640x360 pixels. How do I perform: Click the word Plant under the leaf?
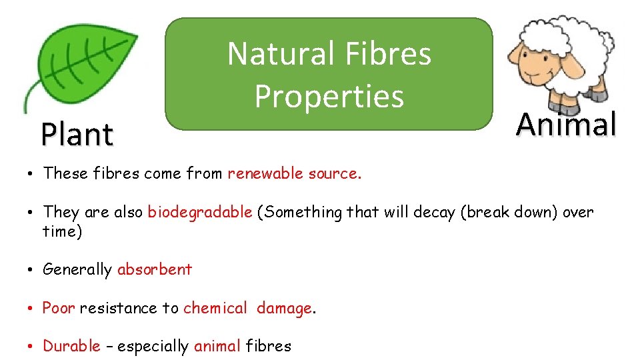click(77, 134)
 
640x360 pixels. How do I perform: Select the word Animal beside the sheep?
click(566, 124)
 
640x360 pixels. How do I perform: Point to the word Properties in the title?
click(329, 96)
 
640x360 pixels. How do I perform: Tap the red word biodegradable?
click(200, 212)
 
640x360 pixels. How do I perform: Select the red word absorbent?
click(155, 269)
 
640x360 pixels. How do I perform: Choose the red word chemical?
click(215, 308)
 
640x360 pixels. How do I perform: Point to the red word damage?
click(284, 308)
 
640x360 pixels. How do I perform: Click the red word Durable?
click(71, 346)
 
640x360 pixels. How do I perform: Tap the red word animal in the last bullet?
click(217, 346)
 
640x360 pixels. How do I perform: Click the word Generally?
click(77, 269)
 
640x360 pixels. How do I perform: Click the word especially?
click(153, 346)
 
